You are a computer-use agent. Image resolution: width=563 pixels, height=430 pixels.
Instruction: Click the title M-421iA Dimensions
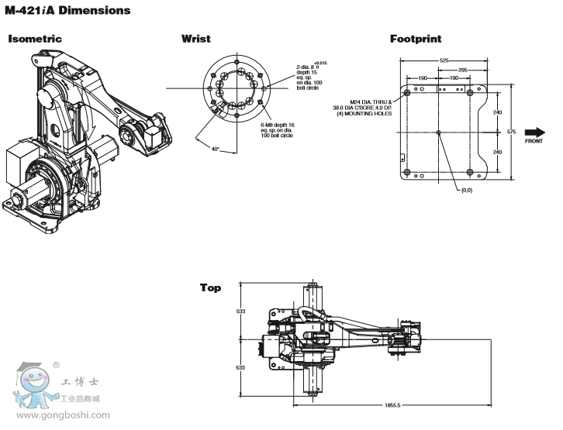(x=67, y=11)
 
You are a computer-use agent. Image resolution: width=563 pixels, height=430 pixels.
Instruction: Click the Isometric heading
(x=35, y=38)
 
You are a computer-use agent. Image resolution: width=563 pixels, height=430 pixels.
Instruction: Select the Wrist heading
(x=195, y=38)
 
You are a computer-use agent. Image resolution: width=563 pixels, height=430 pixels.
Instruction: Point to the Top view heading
(x=210, y=287)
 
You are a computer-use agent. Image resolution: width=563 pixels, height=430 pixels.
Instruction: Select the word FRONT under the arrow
(x=534, y=142)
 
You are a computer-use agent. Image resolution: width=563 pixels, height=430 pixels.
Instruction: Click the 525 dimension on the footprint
(x=445, y=60)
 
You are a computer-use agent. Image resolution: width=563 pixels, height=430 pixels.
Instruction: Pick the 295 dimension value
(x=462, y=70)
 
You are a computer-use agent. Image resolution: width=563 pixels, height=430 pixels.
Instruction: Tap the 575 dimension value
(x=511, y=132)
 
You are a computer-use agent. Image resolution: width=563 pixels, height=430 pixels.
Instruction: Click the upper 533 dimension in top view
(x=240, y=311)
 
